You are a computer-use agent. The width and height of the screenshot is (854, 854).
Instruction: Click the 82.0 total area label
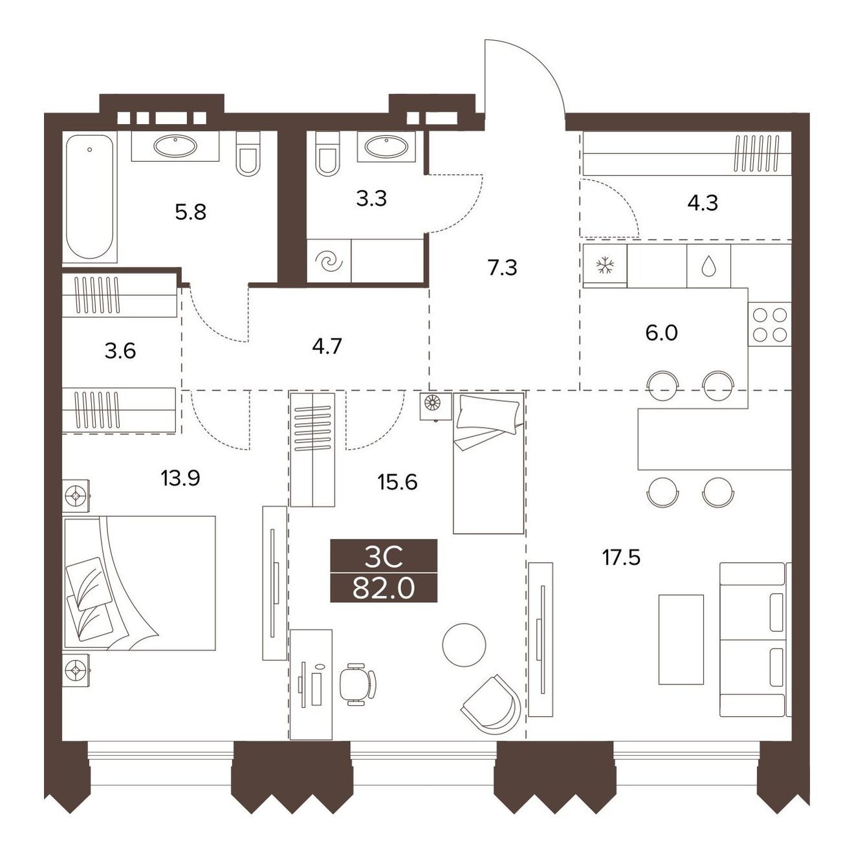click(384, 589)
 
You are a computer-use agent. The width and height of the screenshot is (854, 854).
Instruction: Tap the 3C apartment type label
click(384, 558)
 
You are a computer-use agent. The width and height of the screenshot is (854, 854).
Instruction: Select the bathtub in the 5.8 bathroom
click(90, 197)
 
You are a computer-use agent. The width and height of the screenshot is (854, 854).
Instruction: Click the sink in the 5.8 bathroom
click(175, 146)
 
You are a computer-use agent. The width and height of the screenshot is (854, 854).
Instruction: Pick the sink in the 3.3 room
click(386, 146)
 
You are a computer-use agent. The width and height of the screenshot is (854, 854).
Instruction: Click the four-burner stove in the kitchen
click(769, 325)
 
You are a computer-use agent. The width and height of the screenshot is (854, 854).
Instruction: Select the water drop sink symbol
click(708, 267)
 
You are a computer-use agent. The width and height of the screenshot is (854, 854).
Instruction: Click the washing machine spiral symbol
click(329, 261)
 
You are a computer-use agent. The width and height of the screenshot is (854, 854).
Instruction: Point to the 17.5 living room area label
click(621, 557)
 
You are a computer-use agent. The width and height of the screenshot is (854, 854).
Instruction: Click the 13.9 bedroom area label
click(181, 478)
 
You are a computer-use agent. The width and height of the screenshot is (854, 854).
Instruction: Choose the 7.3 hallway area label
click(503, 268)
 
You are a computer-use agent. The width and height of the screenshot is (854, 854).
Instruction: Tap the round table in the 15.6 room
click(464, 645)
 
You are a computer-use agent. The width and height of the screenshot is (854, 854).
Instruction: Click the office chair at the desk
click(357, 684)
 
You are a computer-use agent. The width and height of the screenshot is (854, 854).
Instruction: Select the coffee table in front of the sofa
click(681, 639)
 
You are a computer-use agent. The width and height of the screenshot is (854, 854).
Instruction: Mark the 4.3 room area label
click(703, 203)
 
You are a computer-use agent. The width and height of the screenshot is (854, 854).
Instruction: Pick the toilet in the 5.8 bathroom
click(247, 153)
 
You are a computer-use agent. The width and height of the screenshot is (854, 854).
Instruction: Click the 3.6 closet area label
click(120, 351)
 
